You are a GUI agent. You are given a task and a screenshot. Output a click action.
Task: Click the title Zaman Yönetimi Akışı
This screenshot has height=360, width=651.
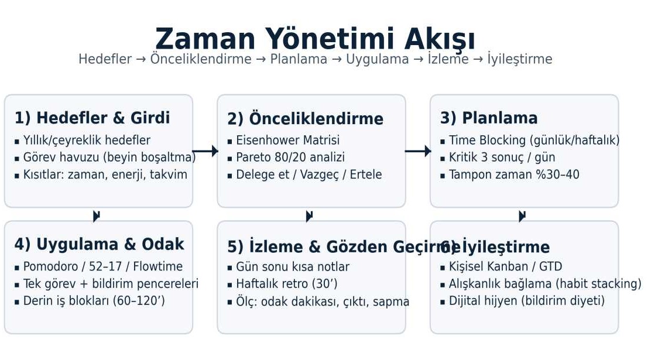click(315, 39)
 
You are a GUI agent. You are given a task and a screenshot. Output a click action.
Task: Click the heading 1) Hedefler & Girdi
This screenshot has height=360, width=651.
click(92, 118)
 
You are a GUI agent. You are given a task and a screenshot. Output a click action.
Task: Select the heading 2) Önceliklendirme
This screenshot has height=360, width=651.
click(305, 119)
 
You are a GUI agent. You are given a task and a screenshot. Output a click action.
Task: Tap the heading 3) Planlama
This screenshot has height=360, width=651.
click(489, 118)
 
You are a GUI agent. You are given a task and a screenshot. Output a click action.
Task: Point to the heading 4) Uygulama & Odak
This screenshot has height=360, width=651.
click(99, 244)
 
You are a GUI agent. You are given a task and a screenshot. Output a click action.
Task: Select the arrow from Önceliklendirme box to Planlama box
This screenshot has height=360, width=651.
click(418, 151)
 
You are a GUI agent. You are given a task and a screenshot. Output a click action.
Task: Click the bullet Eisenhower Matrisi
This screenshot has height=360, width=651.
click(287, 140)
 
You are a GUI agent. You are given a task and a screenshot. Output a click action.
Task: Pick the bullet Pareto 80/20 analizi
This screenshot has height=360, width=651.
click(290, 157)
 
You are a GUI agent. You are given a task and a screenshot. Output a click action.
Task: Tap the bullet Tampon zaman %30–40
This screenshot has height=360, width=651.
click(513, 174)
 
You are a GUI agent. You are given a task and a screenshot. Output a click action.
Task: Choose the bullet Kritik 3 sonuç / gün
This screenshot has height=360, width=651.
click(502, 157)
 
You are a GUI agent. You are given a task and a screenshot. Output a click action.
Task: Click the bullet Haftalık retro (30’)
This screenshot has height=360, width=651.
click(286, 284)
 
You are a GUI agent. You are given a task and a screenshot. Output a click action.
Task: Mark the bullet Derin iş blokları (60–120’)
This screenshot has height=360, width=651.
click(94, 301)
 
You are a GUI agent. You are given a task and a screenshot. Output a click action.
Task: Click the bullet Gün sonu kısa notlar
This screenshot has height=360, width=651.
click(292, 267)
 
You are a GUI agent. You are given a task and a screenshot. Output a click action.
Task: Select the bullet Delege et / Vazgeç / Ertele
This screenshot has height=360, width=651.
click(309, 174)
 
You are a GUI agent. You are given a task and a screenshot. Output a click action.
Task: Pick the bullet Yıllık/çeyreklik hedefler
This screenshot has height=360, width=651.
click(87, 140)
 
